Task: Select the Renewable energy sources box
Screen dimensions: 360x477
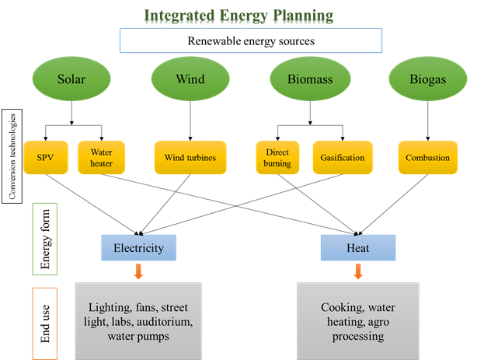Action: point(251,40)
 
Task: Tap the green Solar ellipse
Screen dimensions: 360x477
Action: point(71,79)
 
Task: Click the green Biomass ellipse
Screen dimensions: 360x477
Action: point(310,79)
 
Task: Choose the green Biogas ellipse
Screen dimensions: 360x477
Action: point(427,79)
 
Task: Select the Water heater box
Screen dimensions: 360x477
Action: point(102,158)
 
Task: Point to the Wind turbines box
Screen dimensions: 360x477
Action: point(190,158)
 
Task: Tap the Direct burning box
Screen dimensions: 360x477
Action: point(277,158)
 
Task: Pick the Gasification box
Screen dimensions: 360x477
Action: point(342,158)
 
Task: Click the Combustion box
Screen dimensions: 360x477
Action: point(427,158)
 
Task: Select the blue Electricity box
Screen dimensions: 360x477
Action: point(138,247)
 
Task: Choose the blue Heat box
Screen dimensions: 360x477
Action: point(358,247)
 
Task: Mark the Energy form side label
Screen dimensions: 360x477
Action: point(44,239)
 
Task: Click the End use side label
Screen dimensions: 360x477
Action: point(44,323)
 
